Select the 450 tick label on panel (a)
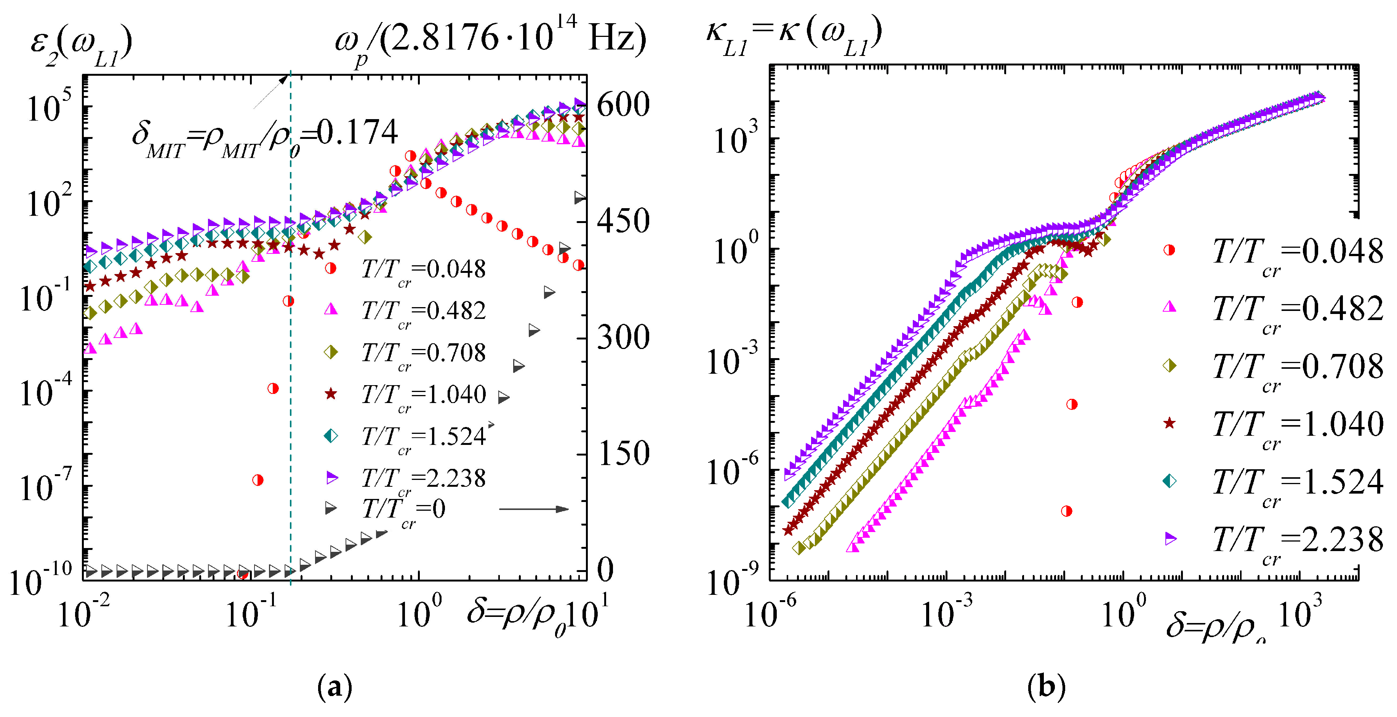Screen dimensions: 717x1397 click(622, 221)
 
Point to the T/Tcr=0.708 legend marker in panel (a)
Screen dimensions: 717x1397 click(331, 352)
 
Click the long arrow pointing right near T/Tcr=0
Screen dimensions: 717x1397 click(534, 509)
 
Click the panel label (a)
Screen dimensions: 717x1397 click(334, 687)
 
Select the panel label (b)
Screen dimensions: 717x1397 click(1046, 687)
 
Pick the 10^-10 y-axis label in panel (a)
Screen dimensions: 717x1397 click(41, 580)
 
